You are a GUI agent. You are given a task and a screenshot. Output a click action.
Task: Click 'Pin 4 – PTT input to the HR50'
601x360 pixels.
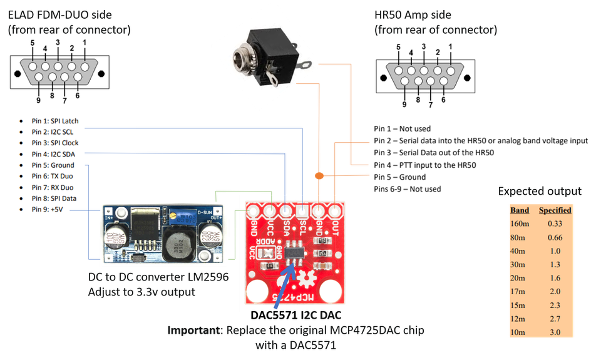(x=426, y=165)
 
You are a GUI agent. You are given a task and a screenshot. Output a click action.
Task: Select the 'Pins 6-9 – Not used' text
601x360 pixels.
(x=408, y=188)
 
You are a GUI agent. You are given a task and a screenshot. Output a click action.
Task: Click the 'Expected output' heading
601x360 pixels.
(x=540, y=191)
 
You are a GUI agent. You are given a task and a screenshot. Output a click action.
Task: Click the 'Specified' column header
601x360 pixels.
(x=555, y=210)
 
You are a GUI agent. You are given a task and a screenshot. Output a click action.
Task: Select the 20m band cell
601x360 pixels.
(x=518, y=277)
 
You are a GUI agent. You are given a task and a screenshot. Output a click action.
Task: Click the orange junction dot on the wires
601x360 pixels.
(x=319, y=174)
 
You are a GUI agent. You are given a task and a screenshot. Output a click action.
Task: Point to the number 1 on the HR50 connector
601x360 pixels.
(x=450, y=46)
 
